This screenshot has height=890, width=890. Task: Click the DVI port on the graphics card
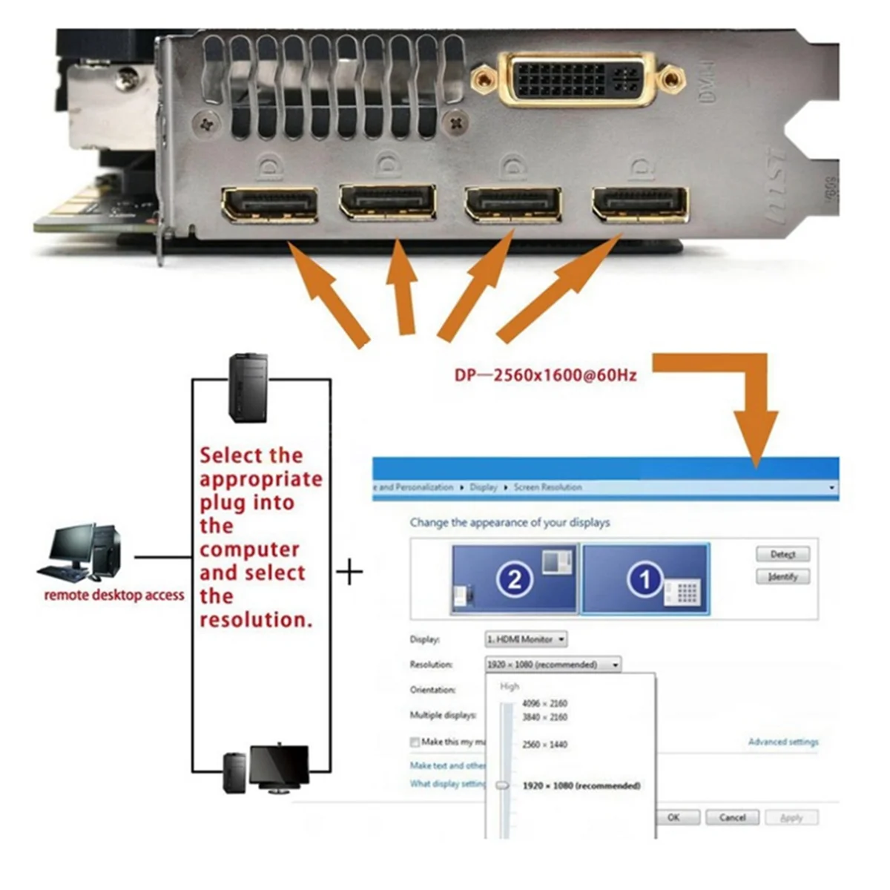577,79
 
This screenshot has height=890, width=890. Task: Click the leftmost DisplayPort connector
269,205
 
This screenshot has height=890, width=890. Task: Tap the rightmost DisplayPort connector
640,204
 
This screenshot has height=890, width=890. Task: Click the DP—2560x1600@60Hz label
545,375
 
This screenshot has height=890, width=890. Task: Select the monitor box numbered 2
514,579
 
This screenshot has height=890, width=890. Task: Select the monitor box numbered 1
645,579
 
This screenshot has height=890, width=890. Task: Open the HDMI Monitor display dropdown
526,639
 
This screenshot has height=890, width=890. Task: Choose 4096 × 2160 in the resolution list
544,703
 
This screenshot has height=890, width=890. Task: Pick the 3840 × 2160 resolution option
544,717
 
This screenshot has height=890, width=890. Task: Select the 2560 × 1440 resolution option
544,744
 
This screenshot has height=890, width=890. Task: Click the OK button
673,817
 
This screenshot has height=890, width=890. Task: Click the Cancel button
732,817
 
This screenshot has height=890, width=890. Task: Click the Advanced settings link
783,742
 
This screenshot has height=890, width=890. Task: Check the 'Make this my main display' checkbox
415,742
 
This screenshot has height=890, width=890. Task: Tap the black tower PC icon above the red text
248,388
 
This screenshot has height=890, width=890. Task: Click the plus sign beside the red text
349,573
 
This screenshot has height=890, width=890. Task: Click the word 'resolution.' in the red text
256,620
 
